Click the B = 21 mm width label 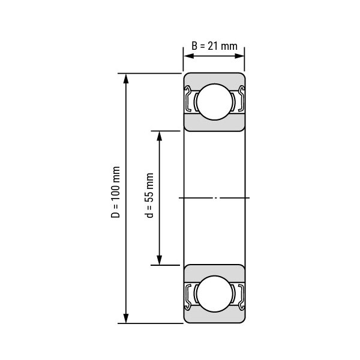point(214,46)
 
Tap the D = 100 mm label point(115,192)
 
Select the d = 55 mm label point(149,195)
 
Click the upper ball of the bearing point(215,102)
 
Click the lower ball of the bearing point(215,294)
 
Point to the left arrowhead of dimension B point(189,56)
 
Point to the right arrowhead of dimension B point(239,56)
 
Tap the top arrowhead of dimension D point(126,79)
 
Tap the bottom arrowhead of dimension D point(126,318)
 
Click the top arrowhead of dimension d point(159,136)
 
